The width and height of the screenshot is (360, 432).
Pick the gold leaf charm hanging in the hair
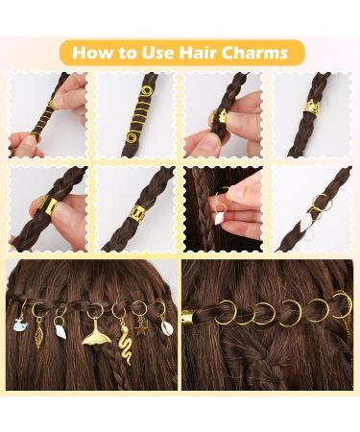pos(39,338)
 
